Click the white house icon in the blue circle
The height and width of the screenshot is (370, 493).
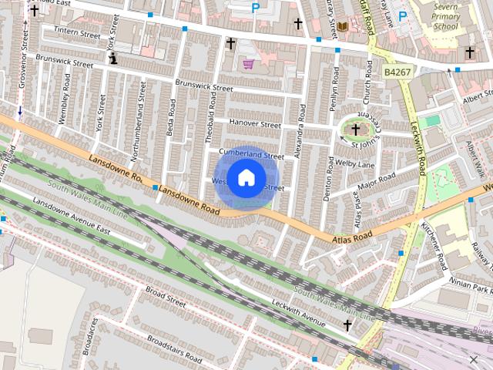point(246,178)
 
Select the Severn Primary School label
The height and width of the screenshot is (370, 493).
point(445,16)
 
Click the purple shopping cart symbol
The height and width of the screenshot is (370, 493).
point(249,64)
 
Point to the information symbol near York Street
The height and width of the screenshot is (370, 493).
point(113,58)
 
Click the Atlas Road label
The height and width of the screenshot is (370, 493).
point(353,235)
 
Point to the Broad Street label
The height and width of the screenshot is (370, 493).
point(166,298)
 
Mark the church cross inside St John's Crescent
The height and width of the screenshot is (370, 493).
point(356,129)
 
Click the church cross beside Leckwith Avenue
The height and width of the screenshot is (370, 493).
point(347,326)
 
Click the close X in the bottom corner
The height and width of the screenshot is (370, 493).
point(473,359)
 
